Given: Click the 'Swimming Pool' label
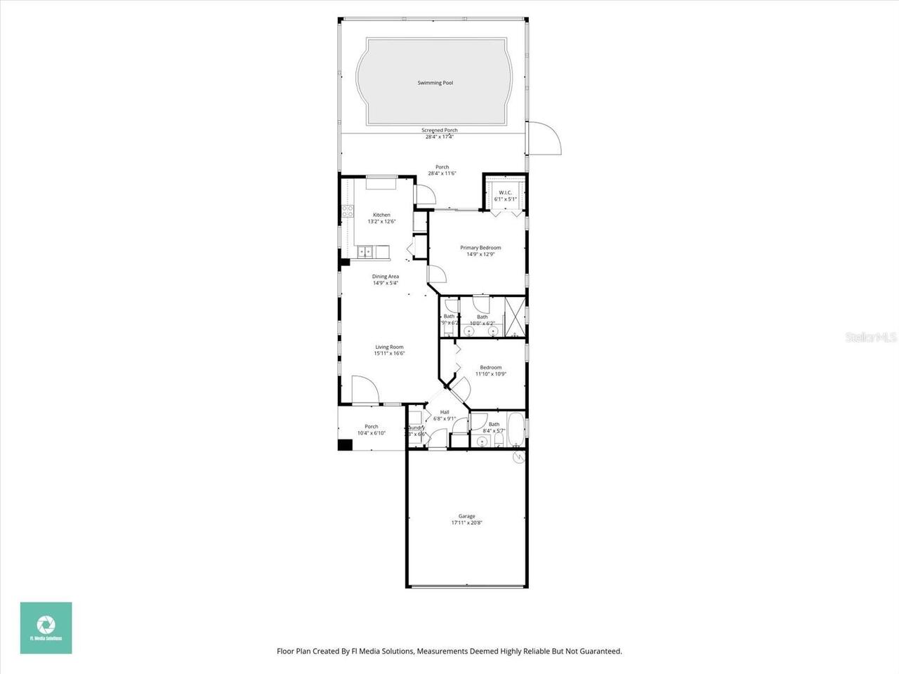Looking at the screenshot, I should tap(435, 83).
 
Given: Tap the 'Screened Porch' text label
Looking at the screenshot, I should tap(439, 131).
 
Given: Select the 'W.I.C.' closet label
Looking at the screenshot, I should tap(505, 192).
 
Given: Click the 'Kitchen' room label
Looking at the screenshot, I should tap(381, 215).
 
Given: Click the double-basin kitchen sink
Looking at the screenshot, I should tap(365, 251).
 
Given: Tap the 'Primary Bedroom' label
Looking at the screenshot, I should tap(480, 248).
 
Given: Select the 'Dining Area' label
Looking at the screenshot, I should tap(385, 277).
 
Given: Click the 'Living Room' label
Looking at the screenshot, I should tap(389, 347).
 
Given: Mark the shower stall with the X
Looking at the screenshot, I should tap(515, 317).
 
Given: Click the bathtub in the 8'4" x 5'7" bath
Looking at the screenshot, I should tap(516, 430).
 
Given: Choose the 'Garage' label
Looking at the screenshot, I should tap(467, 516).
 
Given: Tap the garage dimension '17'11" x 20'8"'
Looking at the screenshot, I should tap(467, 523).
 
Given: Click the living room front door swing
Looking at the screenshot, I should tap(365, 390).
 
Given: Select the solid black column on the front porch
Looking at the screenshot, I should tap(344, 444).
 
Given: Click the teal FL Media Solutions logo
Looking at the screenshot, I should tap(46, 628).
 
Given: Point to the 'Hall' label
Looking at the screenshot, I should tap(445, 412).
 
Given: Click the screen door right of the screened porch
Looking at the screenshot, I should tap(544, 138).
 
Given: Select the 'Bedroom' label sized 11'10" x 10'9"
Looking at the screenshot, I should tap(490, 368).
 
